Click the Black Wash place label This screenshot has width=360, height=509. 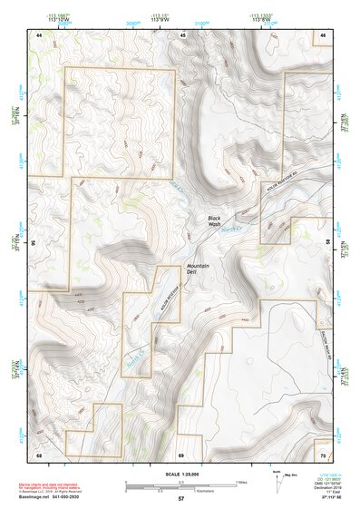click(x=214, y=221)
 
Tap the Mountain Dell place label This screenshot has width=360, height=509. click(x=198, y=269)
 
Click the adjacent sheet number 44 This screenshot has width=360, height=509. click(x=39, y=34)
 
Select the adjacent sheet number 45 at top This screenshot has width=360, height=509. click(x=182, y=34)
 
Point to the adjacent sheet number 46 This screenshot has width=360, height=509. click(x=322, y=34)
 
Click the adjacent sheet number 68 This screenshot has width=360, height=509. click(x=39, y=454)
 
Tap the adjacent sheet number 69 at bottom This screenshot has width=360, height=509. click(x=181, y=454)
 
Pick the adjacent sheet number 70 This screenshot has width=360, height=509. click(x=322, y=454)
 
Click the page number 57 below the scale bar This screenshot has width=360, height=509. click(x=180, y=499)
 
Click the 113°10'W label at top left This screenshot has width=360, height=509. click(x=38, y=17)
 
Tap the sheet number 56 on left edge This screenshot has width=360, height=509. click(x=34, y=243)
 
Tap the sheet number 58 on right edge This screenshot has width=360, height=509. click(x=327, y=243)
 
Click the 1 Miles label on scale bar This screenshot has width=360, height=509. click(x=241, y=481)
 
